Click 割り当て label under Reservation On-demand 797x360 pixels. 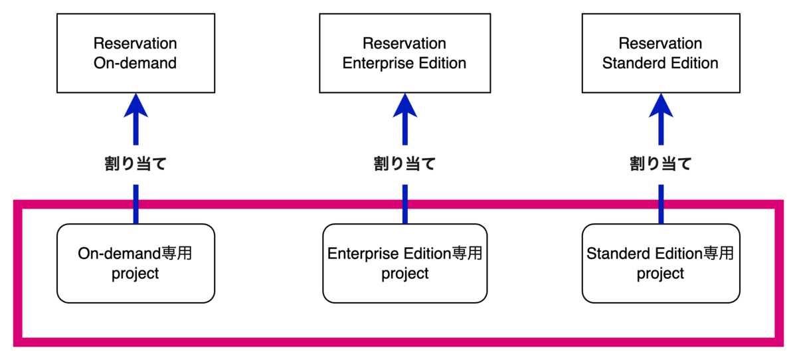coord(135,164)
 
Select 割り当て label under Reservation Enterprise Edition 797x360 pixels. coord(404,164)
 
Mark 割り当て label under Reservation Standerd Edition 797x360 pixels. coord(661,164)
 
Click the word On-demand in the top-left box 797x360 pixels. coord(135,64)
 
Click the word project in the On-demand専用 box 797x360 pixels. coord(135,273)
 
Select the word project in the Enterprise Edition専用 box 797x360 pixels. coord(404,273)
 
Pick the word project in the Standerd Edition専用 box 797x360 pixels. coord(660,273)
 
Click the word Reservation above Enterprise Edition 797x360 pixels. coord(404,44)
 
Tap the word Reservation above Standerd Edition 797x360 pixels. coord(660,44)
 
